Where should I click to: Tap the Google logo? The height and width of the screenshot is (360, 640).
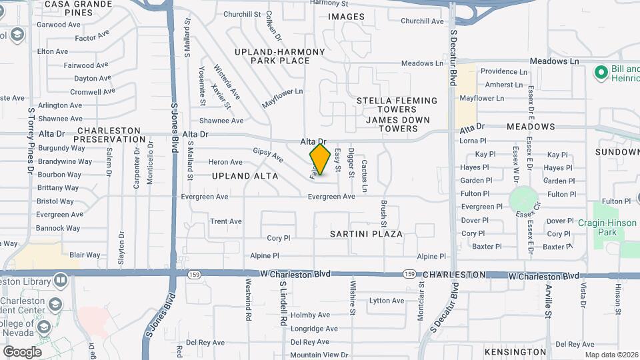tap(22, 351)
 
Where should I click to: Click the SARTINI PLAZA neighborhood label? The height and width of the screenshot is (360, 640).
tap(367, 234)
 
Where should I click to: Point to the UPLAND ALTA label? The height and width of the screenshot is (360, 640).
tap(240, 176)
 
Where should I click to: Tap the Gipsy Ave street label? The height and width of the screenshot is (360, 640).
tap(268, 155)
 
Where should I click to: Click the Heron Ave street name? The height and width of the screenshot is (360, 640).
tap(225, 162)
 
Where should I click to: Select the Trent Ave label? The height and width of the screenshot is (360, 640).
tap(225, 221)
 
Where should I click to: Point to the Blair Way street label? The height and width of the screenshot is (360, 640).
tap(85, 255)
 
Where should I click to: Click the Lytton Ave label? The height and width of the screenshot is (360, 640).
tap(387, 301)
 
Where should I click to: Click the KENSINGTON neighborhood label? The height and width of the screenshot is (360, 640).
tap(515, 351)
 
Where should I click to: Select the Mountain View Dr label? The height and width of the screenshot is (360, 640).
tap(319, 355)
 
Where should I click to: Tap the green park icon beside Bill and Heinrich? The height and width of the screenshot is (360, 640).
tap(600, 71)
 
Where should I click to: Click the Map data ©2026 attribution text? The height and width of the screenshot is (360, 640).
tap(611, 355)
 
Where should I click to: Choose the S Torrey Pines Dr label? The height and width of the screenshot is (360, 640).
tap(31, 141)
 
